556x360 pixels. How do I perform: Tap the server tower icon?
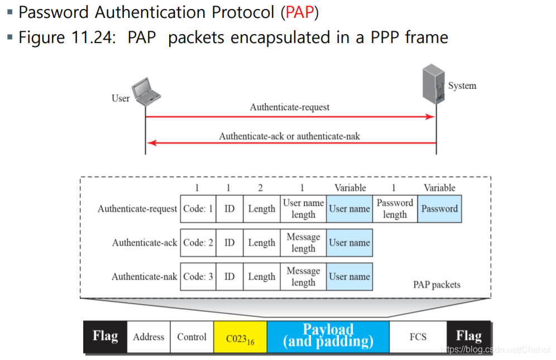[434, 84]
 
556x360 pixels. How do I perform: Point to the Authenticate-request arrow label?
[290, 107]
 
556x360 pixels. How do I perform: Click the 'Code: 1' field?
[198, 209]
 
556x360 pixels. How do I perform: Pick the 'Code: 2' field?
[198, 243]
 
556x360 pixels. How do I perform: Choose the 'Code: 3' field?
[198, 276]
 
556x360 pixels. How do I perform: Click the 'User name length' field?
[303, 209]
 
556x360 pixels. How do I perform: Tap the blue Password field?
[439, 209]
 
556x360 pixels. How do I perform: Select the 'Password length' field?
[395, 209]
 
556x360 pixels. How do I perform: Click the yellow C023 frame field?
[240, 337]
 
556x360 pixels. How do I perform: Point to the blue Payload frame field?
[328, 336]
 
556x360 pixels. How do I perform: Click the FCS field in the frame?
[418, 337]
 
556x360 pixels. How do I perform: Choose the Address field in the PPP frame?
[148, 337]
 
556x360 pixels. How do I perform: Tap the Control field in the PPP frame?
[191, 337]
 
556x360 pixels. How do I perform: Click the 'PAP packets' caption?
[437, 285]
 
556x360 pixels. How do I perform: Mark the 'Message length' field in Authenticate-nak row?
[303, 276]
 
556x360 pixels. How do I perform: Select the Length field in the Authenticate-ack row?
[261, 243]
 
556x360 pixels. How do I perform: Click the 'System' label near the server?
[462, 86]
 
